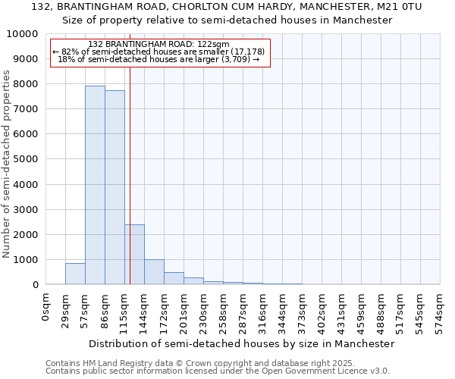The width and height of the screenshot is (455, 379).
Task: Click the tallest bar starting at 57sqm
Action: pyautogui.click(x=95, y=185)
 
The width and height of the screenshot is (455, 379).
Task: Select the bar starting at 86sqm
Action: pyautogui.click(x=115, y=187)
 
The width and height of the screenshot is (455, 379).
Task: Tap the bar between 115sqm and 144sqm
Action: pyautogui.click(x=134, y=254)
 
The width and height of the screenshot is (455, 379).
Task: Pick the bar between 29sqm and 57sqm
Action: pyautogui.click(x=75, y=274)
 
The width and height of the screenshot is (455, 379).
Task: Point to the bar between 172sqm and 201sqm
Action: pyautogui.click(x=174, y=278)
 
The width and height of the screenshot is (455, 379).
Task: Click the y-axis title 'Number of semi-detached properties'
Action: pyautogui.click(x=7, y=164)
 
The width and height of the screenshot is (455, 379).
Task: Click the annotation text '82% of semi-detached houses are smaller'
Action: pyautogui.click(x=158, y=52)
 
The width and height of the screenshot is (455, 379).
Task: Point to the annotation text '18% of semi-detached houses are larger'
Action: pyautogui.click(x=158, y=59)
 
